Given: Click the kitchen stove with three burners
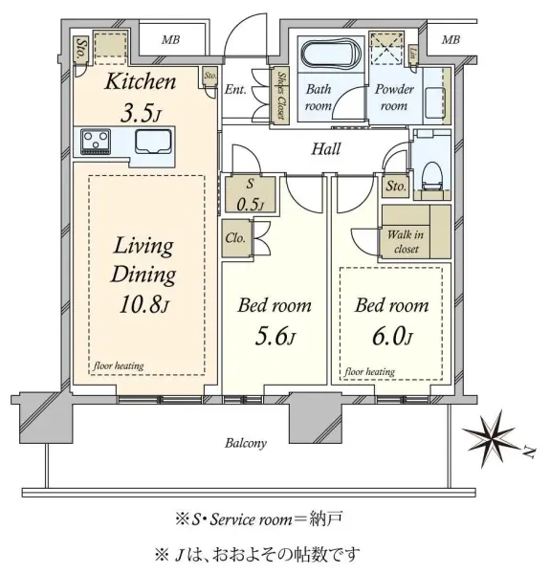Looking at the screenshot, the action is [96, 142].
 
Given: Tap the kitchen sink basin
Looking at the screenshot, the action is [153, 142].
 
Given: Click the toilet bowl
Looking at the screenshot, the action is [432, 176].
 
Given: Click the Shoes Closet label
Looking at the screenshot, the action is [281, 95].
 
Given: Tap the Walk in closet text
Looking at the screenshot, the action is [406, 241].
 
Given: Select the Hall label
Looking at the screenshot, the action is [325, 149].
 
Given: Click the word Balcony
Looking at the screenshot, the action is [246, 443].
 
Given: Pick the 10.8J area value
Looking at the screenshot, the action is [144, 304].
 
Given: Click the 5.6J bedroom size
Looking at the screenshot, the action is [275, 337].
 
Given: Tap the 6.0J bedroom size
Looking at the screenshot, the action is [392, 337].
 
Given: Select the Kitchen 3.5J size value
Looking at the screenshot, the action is [141, 114].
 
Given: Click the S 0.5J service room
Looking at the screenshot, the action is [250, 195].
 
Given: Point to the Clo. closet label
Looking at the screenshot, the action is [235, 238].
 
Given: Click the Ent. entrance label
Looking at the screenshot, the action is [235, 89].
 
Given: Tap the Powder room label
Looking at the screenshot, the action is [394, 97].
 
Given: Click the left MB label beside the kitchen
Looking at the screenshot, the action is [171, 39].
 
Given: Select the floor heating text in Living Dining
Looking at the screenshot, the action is [119, 365].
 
